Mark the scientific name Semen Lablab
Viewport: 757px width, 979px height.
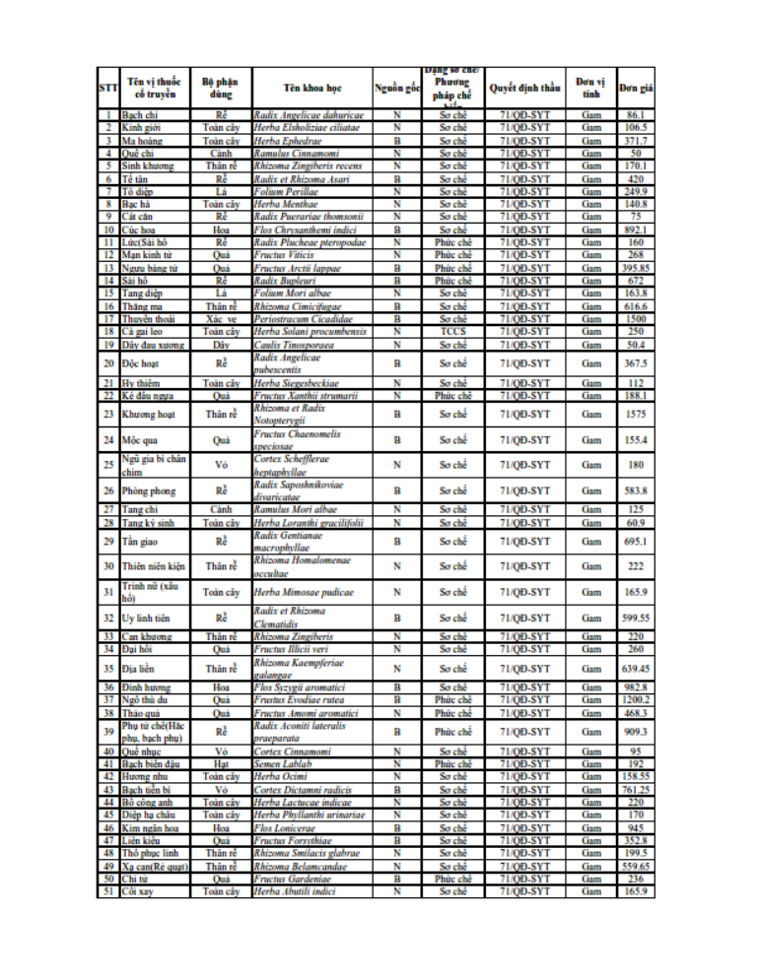(281, 763)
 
